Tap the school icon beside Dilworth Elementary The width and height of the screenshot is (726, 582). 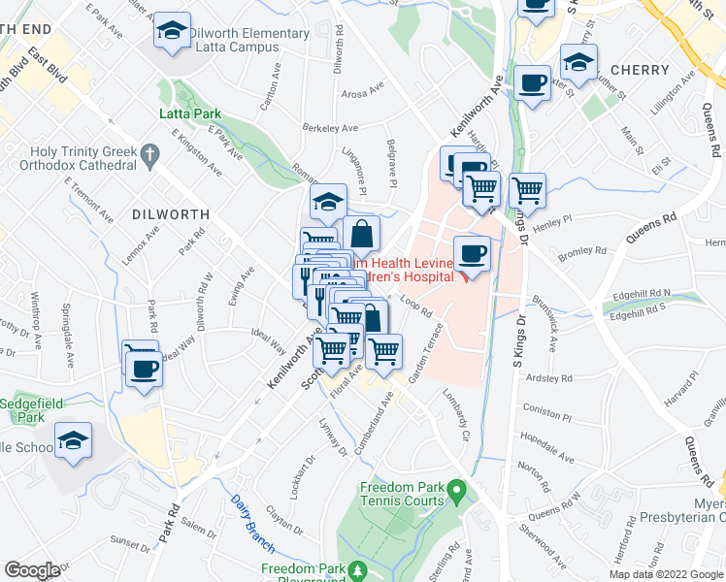pyautogui.click(x=173, y=33)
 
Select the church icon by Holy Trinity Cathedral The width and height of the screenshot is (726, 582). pyautogui.click(x=149, y=153)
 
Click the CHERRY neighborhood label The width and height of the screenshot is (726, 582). pyautogui.click(x=641, y=70)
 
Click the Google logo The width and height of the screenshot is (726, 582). pyautogui.click(x=32, y=569)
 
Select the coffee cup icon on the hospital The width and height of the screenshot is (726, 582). pyautogui.click(x=472, y=255)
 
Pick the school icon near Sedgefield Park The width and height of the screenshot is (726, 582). pyautogui.click(x=73, y=442)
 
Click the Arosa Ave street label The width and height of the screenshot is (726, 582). pyautogui.click(x=366, y=94)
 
